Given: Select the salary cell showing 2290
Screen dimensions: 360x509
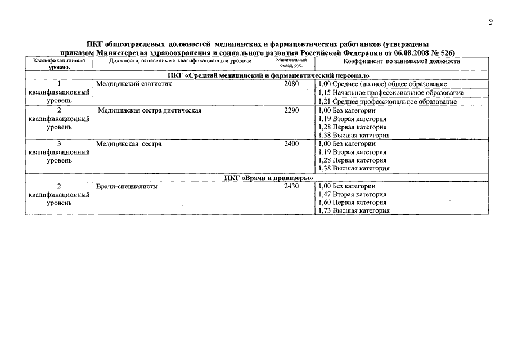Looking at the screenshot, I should [291, 110].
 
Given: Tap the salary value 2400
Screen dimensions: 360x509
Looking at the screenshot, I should [291, 144].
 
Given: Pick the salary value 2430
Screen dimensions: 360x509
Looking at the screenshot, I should [291, 186].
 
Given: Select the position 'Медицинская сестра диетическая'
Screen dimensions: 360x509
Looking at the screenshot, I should [150, 110].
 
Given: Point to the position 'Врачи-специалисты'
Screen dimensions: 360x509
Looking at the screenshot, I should [127, 186].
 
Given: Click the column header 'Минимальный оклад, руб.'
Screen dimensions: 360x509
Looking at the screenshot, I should [291, 64].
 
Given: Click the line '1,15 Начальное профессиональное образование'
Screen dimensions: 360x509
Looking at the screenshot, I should [391, 93].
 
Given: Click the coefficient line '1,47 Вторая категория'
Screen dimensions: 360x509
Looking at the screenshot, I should [352, 194].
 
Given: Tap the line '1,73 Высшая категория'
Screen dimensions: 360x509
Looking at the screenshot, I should [353, 211].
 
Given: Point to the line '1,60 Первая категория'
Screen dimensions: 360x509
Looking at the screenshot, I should [352, 202].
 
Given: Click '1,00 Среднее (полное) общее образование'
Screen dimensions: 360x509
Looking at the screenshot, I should [382, 84].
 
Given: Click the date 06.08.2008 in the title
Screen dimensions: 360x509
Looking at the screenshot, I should [405, 53].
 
